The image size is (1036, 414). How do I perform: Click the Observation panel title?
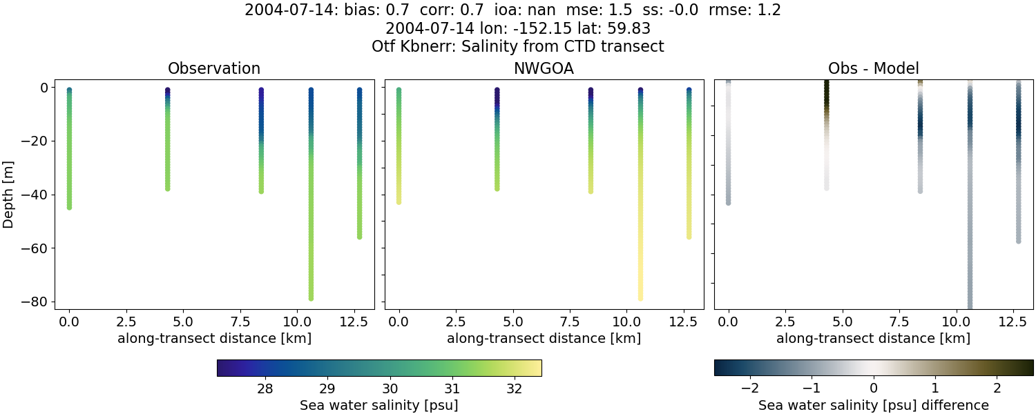(214, 68)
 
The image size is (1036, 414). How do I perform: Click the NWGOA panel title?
(544, 68)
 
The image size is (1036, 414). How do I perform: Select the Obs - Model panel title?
(873, 68)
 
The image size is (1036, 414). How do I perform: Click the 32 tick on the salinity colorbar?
(514, 388)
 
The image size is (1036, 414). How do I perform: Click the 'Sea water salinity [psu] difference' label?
(873, 405)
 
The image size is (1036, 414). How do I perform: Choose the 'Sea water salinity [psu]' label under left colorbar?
(378, 405)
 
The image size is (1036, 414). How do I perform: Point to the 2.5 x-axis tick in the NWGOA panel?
(455, 322)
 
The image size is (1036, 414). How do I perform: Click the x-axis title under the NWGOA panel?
(544, 338)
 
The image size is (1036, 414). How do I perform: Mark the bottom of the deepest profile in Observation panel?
(311, 298)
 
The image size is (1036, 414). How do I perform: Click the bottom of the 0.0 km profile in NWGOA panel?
(399, 201)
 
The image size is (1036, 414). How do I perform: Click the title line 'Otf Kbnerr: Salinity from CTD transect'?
(517, 46)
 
